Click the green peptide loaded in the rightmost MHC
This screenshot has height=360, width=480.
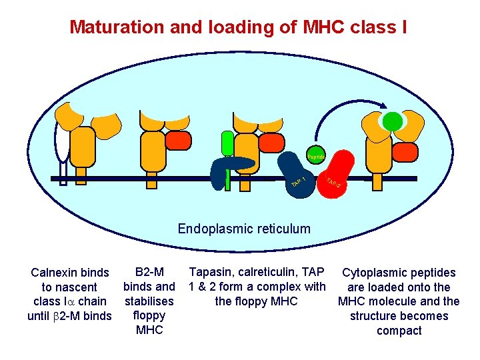(x=393, y=121)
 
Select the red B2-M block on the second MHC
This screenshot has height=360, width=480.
(x=178, y=141)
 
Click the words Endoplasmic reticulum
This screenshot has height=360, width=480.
(x=244, y=229)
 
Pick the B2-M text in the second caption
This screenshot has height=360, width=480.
(x=149, y=272)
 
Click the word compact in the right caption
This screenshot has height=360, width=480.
(x=399, y=331)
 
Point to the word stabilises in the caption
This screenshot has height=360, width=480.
(x=149, y=301)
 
